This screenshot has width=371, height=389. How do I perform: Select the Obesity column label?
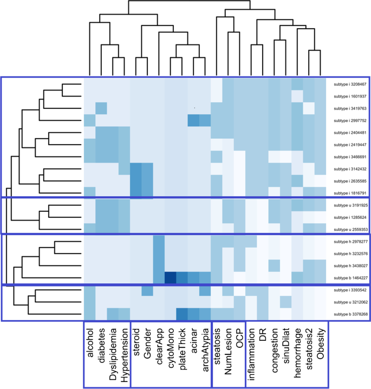coord(321,342)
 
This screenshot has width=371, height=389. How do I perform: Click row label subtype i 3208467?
coord(350,85)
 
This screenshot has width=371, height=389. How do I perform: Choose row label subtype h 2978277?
coord(350,242)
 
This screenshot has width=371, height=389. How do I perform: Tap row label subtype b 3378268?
coord(350,314)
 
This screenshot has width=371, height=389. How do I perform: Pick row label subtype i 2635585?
coord(350,181)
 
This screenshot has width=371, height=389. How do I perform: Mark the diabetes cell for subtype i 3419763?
coord(101,108)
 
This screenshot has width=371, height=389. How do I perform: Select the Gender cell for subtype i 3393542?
coord(147,290)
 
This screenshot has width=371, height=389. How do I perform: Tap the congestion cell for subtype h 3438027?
coord(274,265)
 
